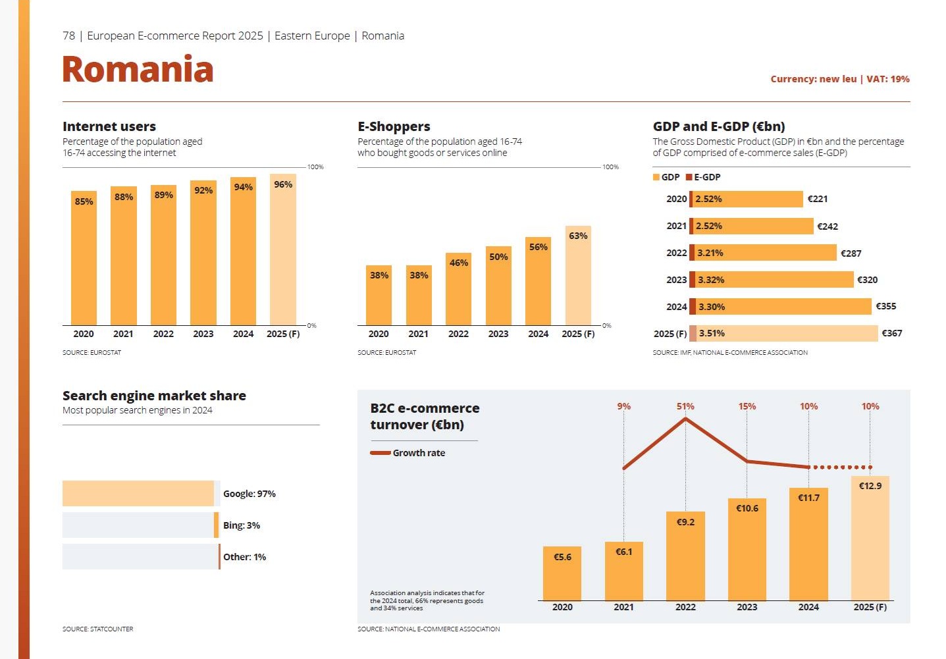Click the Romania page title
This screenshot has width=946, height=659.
tap(138, 70)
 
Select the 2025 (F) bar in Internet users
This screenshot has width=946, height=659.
tap(283, 250)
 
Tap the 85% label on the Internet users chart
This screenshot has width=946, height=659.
tap(84, 201)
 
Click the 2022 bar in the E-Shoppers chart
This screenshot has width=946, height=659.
tap(458, 290)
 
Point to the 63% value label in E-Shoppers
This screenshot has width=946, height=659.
tap(578, 236)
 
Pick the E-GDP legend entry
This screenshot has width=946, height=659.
tap(703, 177)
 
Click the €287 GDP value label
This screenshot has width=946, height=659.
tap(851, 253)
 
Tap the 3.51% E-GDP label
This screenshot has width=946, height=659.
tap(712, 333)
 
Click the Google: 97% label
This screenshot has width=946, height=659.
tap(249, 494)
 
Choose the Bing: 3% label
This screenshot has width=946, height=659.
tap(241, 525)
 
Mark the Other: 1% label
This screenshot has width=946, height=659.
tap(244, 557)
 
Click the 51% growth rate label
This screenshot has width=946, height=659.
tap(685, 406)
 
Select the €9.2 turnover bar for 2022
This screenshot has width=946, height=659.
tap(685, 556)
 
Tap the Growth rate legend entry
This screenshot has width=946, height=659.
tap(408, 453)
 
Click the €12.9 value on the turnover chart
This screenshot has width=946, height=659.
tap(870, 486)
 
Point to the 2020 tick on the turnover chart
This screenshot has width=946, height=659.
tap(562, 607)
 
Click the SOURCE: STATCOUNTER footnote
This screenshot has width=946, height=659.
tap(97, 629)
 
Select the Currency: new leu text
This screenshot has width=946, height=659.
tap(813, 79)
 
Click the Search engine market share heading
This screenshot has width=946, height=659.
tap(154, 396)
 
